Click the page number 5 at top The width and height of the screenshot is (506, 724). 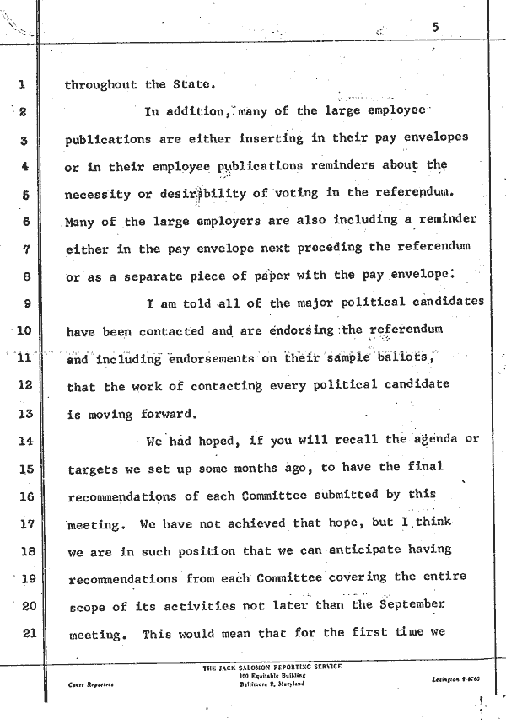click(x=434, y=28)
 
